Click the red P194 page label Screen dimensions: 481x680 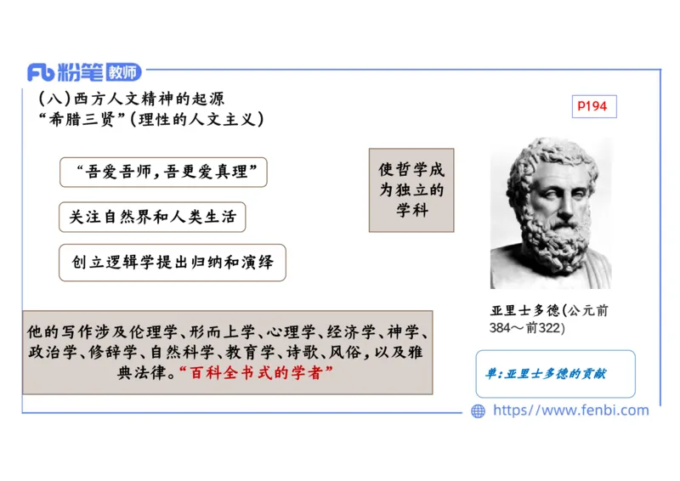592,106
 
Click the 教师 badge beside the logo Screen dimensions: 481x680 121,72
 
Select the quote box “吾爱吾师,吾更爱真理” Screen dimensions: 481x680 164,172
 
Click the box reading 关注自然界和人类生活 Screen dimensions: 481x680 152,217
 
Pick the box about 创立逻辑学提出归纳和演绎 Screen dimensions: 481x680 173,263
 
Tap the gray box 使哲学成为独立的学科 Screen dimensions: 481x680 411,190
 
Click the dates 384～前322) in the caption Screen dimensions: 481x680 527,328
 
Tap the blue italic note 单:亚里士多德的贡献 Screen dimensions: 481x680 545,374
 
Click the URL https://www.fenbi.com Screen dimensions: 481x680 570,410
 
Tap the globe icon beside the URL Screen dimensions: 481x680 478,411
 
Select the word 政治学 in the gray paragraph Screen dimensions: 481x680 49,352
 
